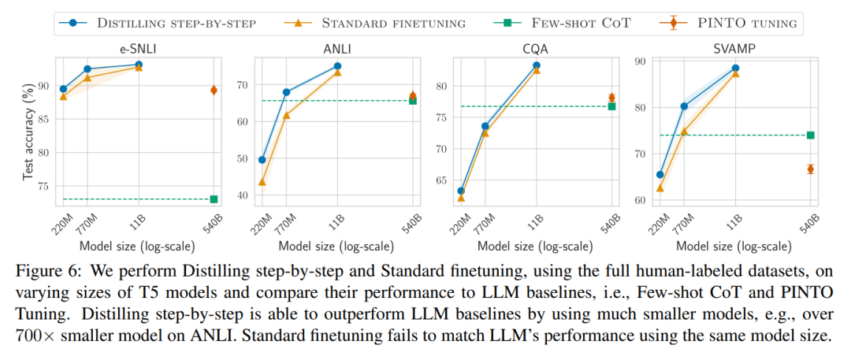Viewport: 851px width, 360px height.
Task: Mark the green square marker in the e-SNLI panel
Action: [x=214, y=199]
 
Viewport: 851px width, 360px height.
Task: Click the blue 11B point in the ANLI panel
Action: [x=337, y=66]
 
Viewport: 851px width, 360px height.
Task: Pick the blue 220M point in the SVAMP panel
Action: [x=660, y=175]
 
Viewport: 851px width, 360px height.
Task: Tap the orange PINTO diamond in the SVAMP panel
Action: [x=810, y=169]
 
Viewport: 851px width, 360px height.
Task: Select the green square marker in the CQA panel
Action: [x=611, y=106]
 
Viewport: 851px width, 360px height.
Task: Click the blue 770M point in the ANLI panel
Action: [x=286, y=92]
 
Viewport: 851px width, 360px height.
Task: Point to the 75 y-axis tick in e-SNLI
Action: [x=45, y=187]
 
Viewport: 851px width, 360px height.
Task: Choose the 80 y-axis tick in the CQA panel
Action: [x=442, y=86]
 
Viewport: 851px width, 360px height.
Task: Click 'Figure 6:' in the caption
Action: [x=49, y=272]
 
